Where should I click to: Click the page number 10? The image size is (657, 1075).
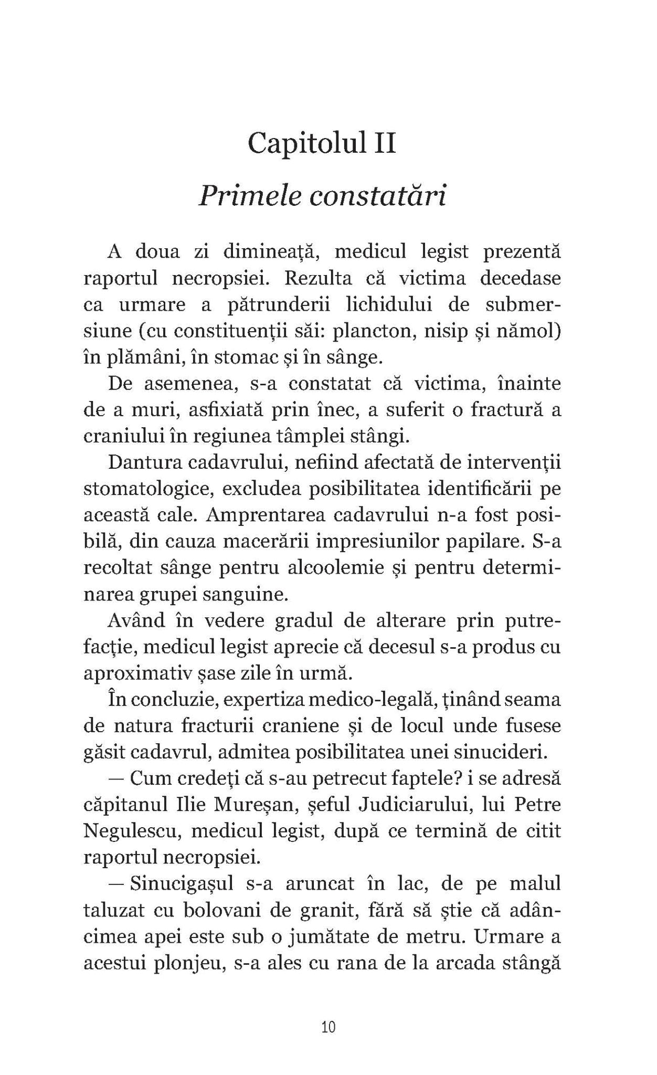(328, 1027)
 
